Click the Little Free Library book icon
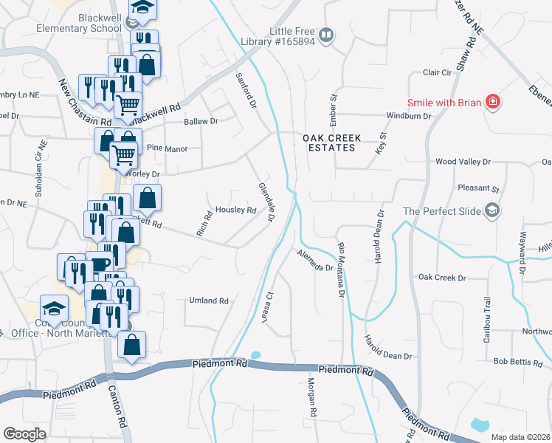(326, 34)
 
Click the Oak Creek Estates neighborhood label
(329, 142)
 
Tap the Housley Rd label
(235, 210)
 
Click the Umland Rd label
(209, 301)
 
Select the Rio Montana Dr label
(341, 269)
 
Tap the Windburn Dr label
(409, 116)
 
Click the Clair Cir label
(437, 72)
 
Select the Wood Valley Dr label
(463, 161)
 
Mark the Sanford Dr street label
(245, 91)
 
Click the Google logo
(24, 434)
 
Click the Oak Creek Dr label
(442, 278)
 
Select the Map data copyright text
(520, 437)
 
